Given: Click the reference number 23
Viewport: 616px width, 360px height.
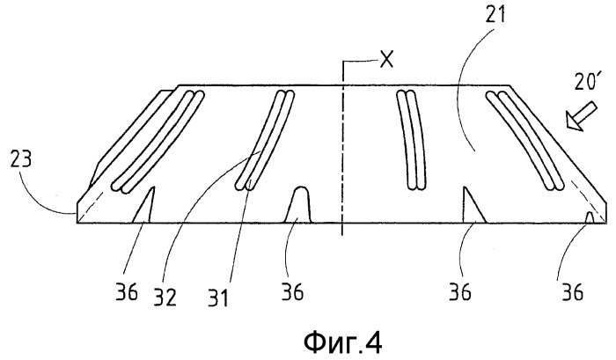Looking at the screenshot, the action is click(x=20, y=160).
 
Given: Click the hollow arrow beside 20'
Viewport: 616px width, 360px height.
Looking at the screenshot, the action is click(x=581, y=116).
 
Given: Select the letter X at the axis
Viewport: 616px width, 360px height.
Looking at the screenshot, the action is click(x=386, y=61).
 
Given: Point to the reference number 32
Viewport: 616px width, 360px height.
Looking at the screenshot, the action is click(x=165, y=298).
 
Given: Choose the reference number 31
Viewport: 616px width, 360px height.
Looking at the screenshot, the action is click(x=218, y=298).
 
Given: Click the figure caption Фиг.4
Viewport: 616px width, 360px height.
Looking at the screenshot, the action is click(x=343, y=343).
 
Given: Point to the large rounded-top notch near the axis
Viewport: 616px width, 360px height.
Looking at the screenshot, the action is click(x=298, y=205).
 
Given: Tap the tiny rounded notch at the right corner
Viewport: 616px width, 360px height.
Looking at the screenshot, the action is click(x=589, y=217).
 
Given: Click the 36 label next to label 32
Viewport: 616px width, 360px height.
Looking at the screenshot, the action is click(x=127, y=292).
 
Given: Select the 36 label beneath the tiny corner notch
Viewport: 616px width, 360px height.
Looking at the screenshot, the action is click(x=572, y=292).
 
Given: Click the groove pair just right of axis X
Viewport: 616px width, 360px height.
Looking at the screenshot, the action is click(x=411, y=140).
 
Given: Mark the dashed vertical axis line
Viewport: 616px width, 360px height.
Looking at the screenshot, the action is click(x=342, y=148).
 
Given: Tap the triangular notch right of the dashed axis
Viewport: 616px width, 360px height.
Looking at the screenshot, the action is click(x=474, y=205).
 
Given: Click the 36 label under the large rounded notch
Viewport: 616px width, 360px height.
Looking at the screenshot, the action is click(x=292, y=292).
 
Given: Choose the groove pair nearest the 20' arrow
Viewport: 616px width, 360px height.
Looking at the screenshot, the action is click(x=525, y=139).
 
